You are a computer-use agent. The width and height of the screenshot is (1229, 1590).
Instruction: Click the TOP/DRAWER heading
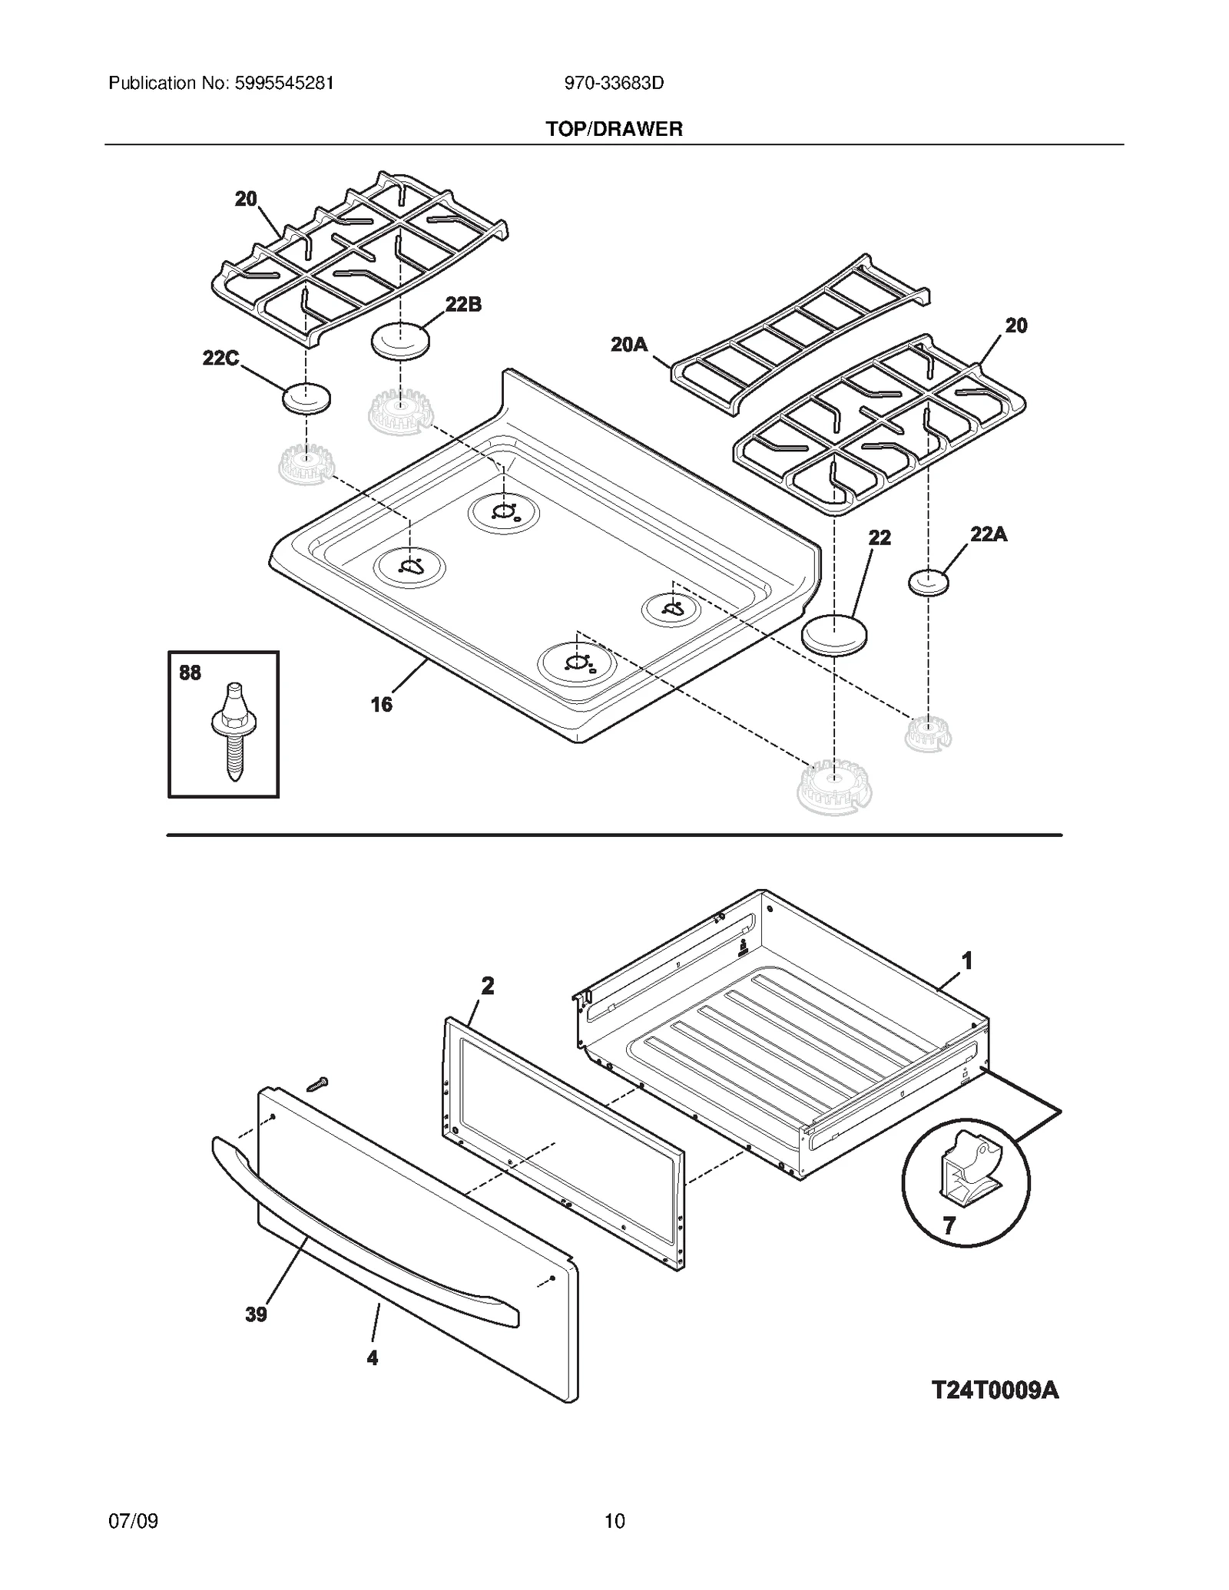point(614,129)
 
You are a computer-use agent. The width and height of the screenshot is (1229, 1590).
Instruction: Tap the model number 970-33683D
point(614,83)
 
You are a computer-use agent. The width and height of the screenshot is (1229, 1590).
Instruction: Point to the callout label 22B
point(463,305)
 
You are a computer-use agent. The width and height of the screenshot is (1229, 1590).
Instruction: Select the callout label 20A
point(629,345)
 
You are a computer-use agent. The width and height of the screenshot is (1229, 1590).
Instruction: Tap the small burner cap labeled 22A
point(928,583)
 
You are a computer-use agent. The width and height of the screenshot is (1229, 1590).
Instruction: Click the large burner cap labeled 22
point(833,635)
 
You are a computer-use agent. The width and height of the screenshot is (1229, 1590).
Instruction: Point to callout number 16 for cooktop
point(382,704)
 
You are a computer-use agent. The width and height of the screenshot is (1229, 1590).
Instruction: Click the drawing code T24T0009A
point(995,1390)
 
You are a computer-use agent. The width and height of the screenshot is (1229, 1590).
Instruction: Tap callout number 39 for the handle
point(256,1314)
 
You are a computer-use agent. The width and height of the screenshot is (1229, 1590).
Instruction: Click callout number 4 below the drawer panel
point(373,1358)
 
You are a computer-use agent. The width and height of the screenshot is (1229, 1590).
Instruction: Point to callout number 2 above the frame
point(488,986)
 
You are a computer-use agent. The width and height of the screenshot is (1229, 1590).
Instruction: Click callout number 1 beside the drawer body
point(968,960)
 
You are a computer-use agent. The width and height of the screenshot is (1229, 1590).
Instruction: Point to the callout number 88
point(190,673)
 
